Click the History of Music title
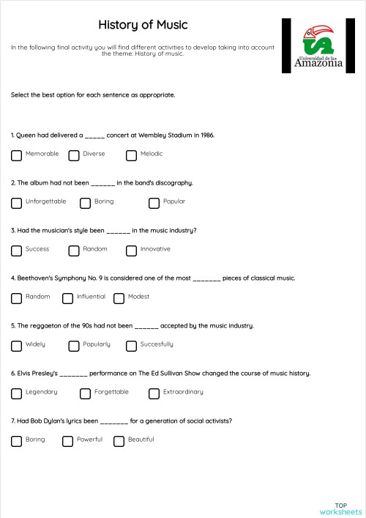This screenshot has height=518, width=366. [143, 25]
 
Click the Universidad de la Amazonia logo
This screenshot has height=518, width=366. [318, 45]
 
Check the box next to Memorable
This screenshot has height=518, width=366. [17, 155]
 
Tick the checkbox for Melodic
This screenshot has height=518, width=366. [132, 155]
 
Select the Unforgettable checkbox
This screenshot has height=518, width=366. [17, 203]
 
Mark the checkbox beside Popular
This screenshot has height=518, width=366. [154, 203]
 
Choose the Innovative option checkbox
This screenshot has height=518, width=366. [132, 251]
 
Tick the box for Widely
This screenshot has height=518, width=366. [17, 346]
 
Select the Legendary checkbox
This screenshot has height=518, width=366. [17, 393]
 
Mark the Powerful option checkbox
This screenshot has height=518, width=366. [68, 441]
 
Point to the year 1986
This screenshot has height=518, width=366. [206, 136]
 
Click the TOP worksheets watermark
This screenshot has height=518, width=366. [340, 508]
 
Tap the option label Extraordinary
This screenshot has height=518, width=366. [183, 392]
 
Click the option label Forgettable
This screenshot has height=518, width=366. [111, 392]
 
